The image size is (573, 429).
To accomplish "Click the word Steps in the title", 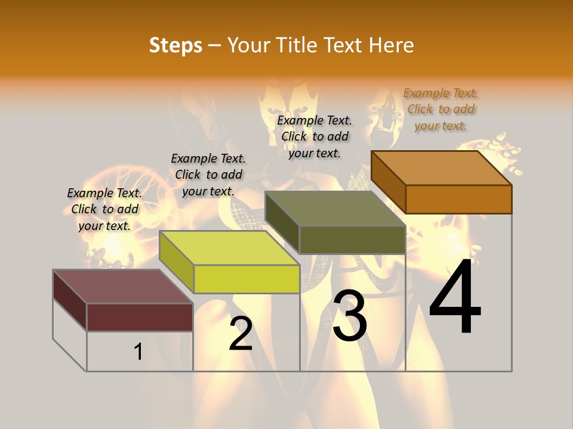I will tap(175, 45).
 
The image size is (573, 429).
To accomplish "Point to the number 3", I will tap(350, 316).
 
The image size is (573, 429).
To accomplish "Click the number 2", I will tap(241, 334).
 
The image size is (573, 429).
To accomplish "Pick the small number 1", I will tap(138, 352).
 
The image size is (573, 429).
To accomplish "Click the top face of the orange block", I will tap(442, 167).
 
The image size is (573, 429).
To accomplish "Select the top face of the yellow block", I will tap(229, 248).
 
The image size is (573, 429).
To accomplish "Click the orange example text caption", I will tap(440, 110).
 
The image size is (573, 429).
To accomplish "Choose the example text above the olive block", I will tap(315, 137).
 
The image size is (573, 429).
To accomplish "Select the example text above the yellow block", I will tap(208, 175).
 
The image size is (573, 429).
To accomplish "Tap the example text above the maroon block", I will tap(104, 210).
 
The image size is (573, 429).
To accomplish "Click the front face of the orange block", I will tap(458, 199).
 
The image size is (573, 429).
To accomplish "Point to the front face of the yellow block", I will tap(247, 279).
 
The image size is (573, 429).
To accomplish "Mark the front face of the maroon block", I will tap(140, 317).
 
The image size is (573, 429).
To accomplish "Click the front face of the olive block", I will tap(352, 240).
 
